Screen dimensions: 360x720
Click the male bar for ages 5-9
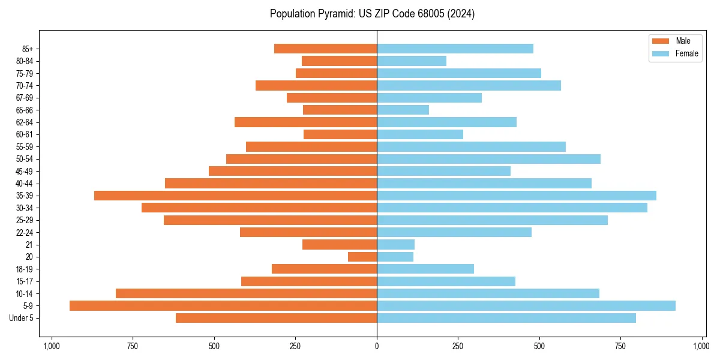223,306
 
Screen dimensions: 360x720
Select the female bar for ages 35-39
517,196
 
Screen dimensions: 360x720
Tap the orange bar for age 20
362,257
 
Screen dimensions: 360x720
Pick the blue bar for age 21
395,245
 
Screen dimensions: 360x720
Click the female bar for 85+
455,49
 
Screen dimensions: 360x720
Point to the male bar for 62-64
305,122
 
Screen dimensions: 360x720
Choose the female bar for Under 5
506,318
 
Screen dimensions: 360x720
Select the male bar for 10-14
246,293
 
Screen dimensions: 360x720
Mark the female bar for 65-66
403,110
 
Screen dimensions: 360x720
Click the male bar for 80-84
339,61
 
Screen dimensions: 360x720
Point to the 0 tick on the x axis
377,346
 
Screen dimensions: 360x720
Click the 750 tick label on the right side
621,346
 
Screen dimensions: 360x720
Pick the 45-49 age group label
24,171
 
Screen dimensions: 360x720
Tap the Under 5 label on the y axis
22,318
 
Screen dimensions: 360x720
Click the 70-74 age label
24,85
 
